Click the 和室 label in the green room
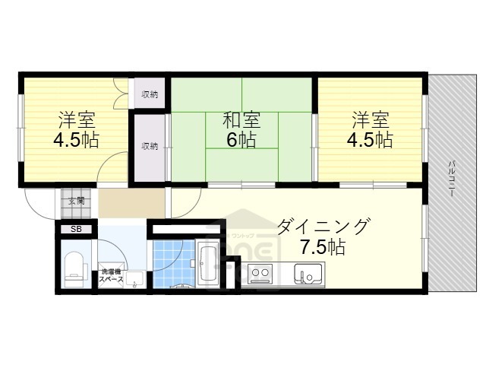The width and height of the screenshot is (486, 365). tap(241, 121)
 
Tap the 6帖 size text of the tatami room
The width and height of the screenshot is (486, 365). tap(241, 140)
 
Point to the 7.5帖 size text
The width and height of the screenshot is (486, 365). tap(322, 247)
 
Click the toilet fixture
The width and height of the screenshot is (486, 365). tap(74, 268)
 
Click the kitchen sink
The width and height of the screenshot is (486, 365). tap(309, 271)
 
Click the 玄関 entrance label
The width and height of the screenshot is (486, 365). tap(76, 202)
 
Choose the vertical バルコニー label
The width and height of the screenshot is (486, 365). tap(451, 179)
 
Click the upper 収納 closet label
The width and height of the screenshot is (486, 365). tap(150, 95)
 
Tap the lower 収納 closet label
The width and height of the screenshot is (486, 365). tap(150, 146)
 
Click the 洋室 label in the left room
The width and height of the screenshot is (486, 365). tap(77, 121)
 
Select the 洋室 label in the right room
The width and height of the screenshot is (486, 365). tap(370, 121)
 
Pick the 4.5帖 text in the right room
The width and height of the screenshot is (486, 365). tap(370, 141)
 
